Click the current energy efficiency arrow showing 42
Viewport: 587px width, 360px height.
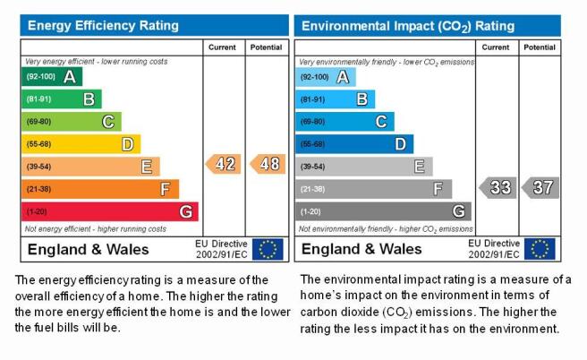coord(224,164)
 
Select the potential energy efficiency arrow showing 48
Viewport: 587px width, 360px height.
coord(268,164)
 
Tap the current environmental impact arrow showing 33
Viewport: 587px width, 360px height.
coord(498,188)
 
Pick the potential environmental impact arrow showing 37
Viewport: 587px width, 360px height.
coord(540,188)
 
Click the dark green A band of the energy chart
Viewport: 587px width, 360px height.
coord(52,77)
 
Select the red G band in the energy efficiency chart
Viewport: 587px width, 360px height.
coord(110,211)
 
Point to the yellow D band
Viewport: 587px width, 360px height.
coord(81,144)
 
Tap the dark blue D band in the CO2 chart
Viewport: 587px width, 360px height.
coord(354,144)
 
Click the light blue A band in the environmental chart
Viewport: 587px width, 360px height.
coord(326,77)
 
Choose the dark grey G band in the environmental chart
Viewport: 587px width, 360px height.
coord(383,211)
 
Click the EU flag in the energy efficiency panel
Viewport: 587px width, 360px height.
coord(268,249)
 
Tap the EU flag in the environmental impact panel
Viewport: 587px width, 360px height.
coord(540,249)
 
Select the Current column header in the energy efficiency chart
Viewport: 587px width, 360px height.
coord(222,47)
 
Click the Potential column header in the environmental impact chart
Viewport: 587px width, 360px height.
coord(540,47)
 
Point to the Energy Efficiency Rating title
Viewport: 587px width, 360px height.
coord(103,25)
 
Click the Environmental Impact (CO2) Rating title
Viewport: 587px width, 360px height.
coord(408,26)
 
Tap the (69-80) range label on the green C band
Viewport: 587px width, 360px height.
coord(39,122)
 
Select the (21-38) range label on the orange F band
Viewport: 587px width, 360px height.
coord(39,189)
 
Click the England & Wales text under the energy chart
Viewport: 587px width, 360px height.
coord(89,250)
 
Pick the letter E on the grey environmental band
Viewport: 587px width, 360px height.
coord(420,167)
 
